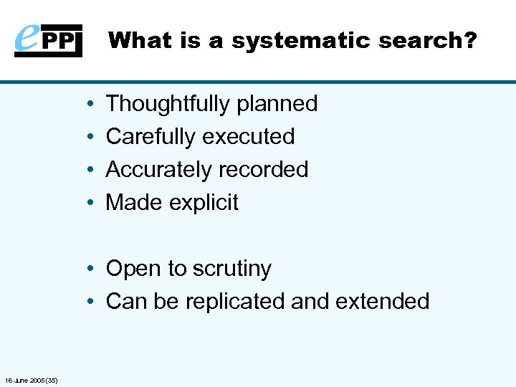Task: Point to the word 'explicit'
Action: tap(205, 203)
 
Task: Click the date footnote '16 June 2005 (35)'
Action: tap(31, 379)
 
